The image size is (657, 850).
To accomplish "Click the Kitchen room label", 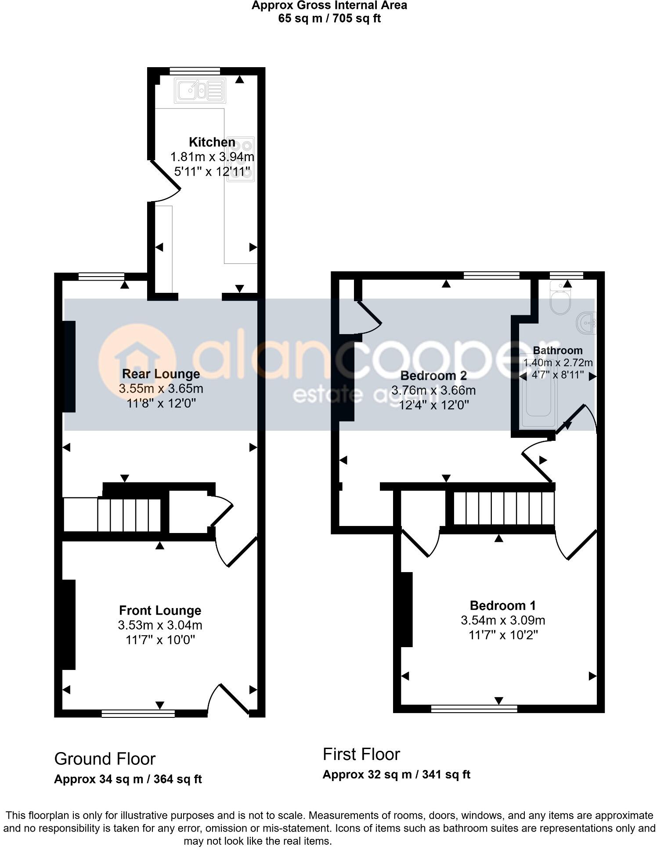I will pos(212,142).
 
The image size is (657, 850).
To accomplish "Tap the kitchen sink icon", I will pos(200,90).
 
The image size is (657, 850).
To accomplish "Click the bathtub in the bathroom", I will pos(538,391).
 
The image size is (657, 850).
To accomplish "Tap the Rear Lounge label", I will pos(161,374).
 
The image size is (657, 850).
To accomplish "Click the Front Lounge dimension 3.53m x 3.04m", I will pos(160,625).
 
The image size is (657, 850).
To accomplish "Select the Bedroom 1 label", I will pos(502,605).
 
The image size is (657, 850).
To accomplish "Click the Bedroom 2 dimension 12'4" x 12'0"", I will pos(433,405).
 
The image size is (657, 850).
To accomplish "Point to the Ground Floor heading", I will pos(105,759).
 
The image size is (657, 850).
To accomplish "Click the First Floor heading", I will pos(361,754).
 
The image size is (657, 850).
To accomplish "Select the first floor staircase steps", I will pos(503,508).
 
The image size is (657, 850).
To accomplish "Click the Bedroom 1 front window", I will pos(474,708).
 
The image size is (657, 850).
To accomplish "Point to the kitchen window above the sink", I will pos(195,70).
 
